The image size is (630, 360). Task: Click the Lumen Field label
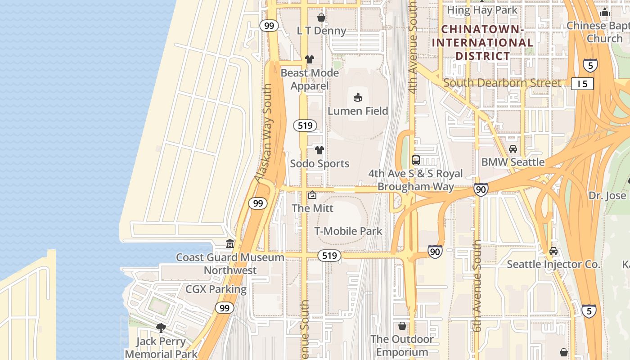coord(358,111)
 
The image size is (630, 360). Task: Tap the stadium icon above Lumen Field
coord(358,97)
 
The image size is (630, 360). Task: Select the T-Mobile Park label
coord(348,231)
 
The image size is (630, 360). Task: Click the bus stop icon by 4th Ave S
coord(415,160)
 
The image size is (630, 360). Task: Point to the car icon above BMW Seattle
coord(513,148)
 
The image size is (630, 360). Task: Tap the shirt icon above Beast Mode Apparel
coord(310,59)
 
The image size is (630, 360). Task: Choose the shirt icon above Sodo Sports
coord(319,150)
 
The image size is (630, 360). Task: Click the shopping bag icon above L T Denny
coord(321,18)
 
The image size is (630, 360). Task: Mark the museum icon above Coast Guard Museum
coord(230,244)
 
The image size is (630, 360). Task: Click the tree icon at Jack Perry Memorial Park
coord(161,328)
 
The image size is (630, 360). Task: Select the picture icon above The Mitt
coord(312,195)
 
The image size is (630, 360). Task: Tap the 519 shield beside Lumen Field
coord(305,126)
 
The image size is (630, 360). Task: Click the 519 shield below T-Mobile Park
coord(329,256)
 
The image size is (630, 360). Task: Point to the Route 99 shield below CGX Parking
coord(224,308)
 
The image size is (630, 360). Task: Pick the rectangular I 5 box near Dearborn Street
coord(582,84)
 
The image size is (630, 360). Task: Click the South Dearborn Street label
coord(502,83)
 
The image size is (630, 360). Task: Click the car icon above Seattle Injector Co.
coord(553,251)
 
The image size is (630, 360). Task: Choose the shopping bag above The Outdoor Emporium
coord(402,325)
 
